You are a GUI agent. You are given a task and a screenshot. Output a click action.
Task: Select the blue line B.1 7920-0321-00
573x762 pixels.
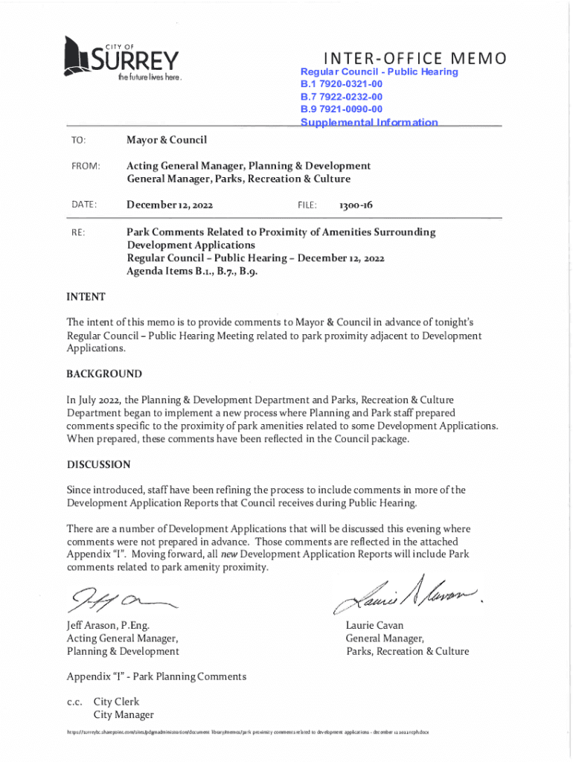342,84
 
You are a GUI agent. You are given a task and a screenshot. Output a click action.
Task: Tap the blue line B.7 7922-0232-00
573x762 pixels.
342,97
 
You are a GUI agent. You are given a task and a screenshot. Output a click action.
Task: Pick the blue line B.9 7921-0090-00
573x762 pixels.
342,109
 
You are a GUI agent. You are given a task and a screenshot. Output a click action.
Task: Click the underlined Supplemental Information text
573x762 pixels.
369,122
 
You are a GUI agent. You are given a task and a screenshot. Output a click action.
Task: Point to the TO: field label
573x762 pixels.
79,141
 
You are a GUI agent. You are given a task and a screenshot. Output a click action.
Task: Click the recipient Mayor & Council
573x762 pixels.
167,140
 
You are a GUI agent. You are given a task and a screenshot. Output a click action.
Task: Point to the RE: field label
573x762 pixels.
78,232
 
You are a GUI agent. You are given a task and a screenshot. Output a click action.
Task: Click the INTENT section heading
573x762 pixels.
86,297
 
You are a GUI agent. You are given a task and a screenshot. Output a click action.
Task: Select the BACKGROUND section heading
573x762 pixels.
104,374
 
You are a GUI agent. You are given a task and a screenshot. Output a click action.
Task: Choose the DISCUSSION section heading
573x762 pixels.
99,465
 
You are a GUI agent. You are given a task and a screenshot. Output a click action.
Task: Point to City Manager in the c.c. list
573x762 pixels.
124,715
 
